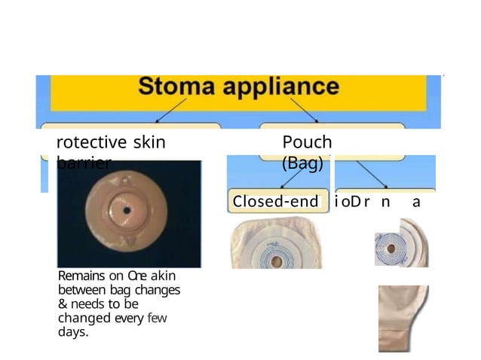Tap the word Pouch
coord(307,142)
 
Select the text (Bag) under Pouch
coord(302,161)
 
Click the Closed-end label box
coord(276,202)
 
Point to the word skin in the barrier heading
coord(149,142)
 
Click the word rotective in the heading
coord(92,142)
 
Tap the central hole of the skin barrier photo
coord(127,209)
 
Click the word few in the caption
coord(157,318)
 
